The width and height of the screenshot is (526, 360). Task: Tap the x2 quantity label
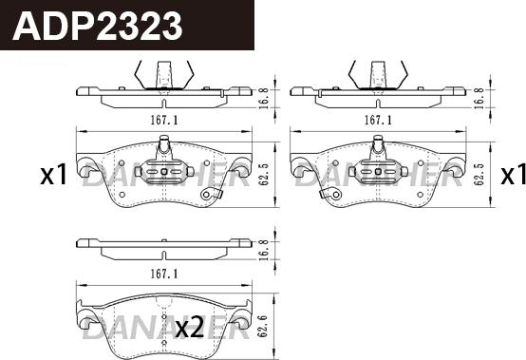(190, 329)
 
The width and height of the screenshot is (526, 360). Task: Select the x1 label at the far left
(52, 176)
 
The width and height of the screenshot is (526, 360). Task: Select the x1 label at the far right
(513, 176)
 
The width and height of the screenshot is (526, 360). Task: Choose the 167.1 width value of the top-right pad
(378, 121)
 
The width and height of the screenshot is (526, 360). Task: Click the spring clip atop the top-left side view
(164, 72)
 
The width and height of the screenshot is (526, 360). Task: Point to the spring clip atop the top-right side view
(378, 72)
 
